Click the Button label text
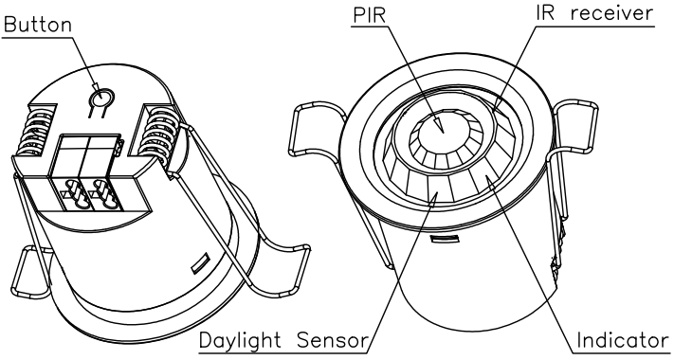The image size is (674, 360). coord(37,24)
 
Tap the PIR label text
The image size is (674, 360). coord(370,14)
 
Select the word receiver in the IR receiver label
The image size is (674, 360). coord(611,13)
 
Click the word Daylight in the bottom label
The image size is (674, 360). coord(240,341)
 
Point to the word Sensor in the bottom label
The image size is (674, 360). coord(333,341)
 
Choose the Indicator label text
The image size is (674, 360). coord(622,340)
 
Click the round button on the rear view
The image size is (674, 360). coord(101,99)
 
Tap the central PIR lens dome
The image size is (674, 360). coord(444,131)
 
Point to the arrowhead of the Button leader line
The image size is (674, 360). coord(97,89)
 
